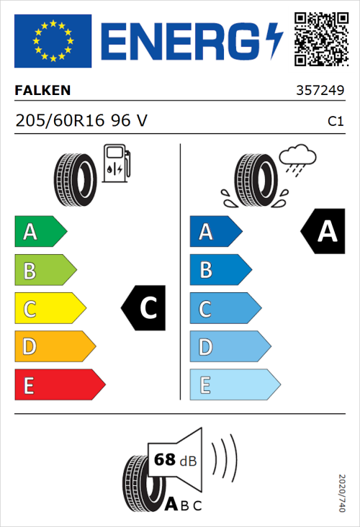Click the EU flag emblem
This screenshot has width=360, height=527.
tap(53, 40)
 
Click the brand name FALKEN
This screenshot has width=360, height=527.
tap(42, 91)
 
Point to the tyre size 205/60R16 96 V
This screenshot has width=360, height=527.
tap(81, 121)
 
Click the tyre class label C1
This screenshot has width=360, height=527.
tap(335, 122)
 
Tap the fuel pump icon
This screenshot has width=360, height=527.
tap(116, 163)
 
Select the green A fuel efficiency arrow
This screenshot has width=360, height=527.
tap(40, 232)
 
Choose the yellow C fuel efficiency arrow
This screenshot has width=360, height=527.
tap(49, 309)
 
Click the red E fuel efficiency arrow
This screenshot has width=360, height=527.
tap(59, 385)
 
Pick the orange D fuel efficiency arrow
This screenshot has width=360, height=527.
tap(54, 347)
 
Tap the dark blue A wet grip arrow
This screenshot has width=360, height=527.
tap(215, 232)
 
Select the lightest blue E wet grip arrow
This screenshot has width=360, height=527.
tap(234, 385)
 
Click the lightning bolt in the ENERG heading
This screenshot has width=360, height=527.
tap(274, 40)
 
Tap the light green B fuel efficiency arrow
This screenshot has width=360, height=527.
tap(45, 271)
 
